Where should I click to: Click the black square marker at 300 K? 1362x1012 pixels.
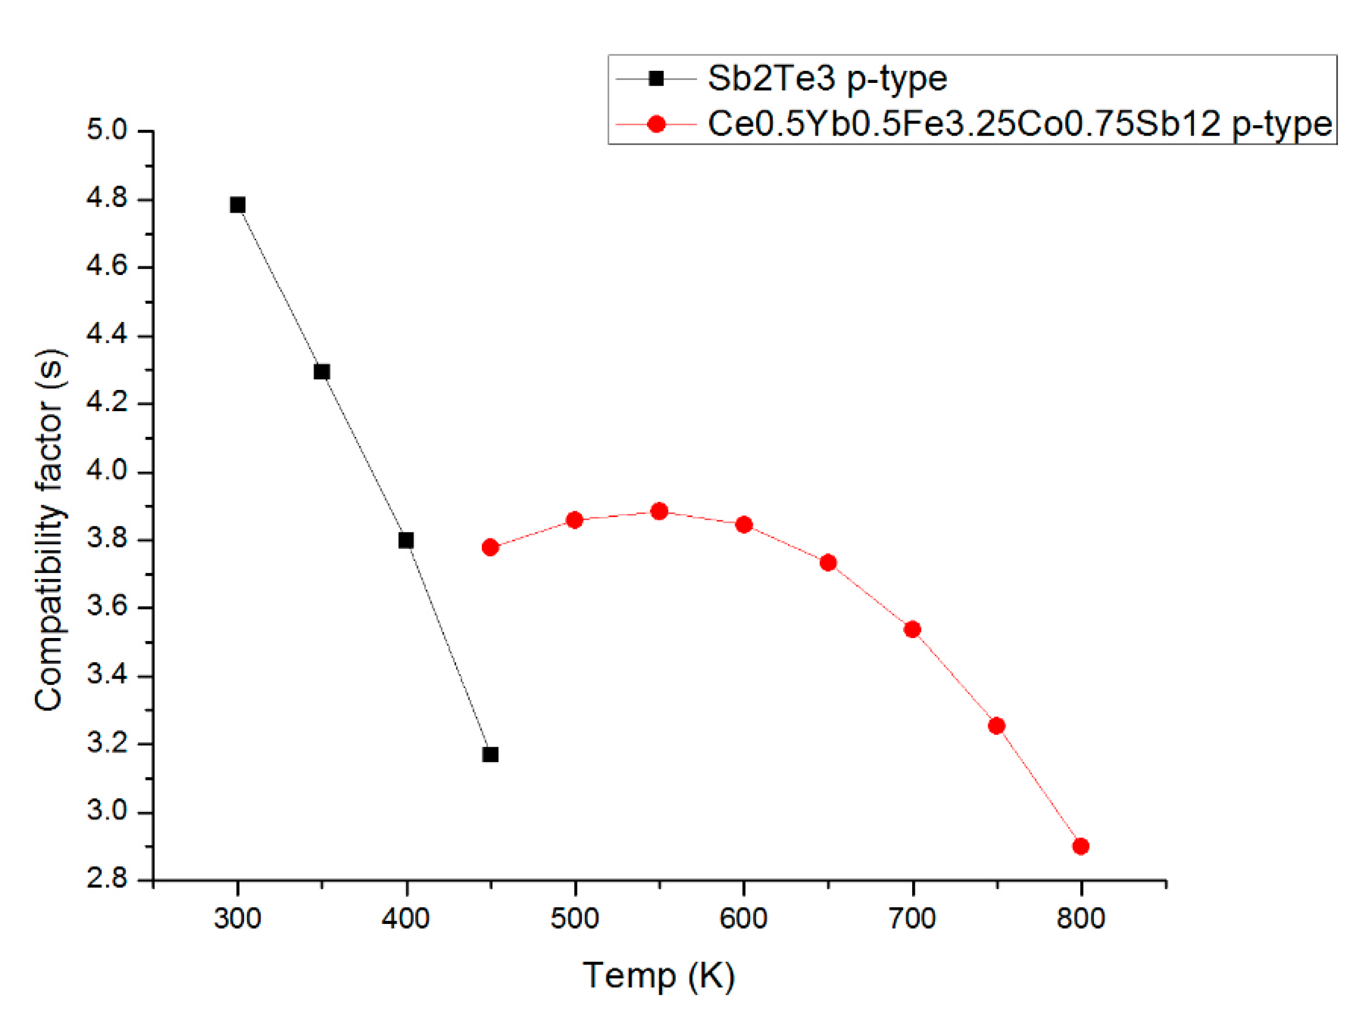coord(238,205)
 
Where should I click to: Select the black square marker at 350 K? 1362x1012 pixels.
coord(322,372)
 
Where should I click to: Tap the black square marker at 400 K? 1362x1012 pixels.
coord(406,540)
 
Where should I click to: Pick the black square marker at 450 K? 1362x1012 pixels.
coord(490,754)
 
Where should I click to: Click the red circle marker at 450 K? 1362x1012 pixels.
coord(490,547)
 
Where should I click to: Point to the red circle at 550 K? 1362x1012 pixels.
coord(659,511)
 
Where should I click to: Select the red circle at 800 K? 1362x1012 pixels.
coord(1081,846)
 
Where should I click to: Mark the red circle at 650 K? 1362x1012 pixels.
coord(828,563)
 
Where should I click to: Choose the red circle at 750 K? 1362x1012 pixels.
coord(996,726)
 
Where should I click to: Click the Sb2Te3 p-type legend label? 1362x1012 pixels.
coord(827,78)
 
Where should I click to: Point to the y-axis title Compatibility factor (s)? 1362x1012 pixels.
coord(49,530)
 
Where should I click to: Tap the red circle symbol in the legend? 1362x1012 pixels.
coord(657,125)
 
